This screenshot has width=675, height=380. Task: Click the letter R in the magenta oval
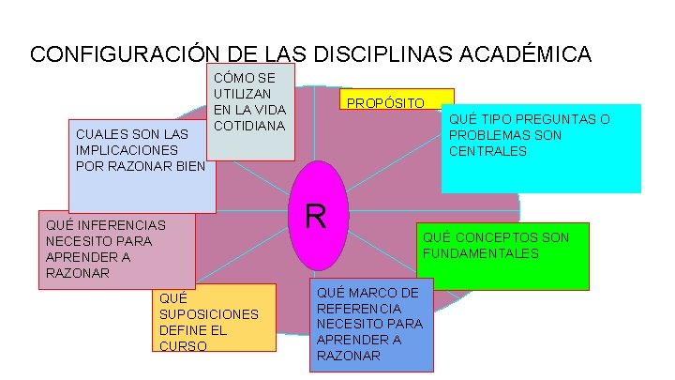[x=315, y=217]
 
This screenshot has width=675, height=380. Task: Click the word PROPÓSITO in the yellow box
[x=385, y=102]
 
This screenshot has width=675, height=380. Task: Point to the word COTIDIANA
[x=249, y=125]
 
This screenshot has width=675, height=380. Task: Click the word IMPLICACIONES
[x=127, y=149]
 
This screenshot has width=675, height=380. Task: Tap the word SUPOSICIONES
[x=209, y=314]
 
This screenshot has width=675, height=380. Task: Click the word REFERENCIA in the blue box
[x=359, y=308]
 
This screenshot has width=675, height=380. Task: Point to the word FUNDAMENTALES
[x=480, y=253]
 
